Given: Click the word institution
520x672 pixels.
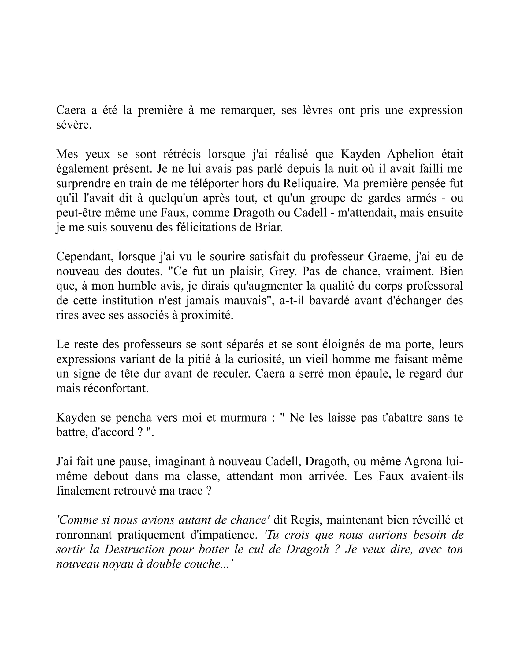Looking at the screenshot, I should tap(128, 300).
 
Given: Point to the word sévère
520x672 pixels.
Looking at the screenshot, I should tap(74, 125).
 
